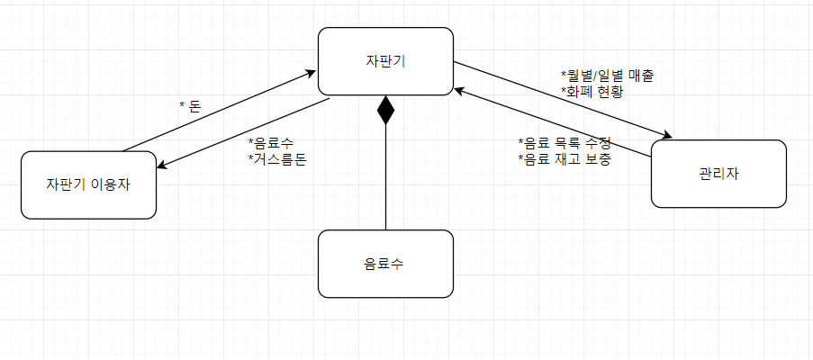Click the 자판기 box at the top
(x=385, y=61)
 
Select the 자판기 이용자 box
(x=88, y=184)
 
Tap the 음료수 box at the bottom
(x=385, y=264)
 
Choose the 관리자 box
(x=718, y=174)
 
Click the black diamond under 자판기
(x=385, y=109)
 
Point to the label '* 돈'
(x=190, y=106)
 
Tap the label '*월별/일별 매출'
(x=606, y=75)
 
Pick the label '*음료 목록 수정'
(x=565, y=143)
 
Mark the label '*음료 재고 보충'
(x=565, y=160)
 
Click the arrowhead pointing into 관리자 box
(x=667, y=136)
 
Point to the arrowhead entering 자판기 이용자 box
(x=162, y=166)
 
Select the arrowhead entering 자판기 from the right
(x=459, y=89)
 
